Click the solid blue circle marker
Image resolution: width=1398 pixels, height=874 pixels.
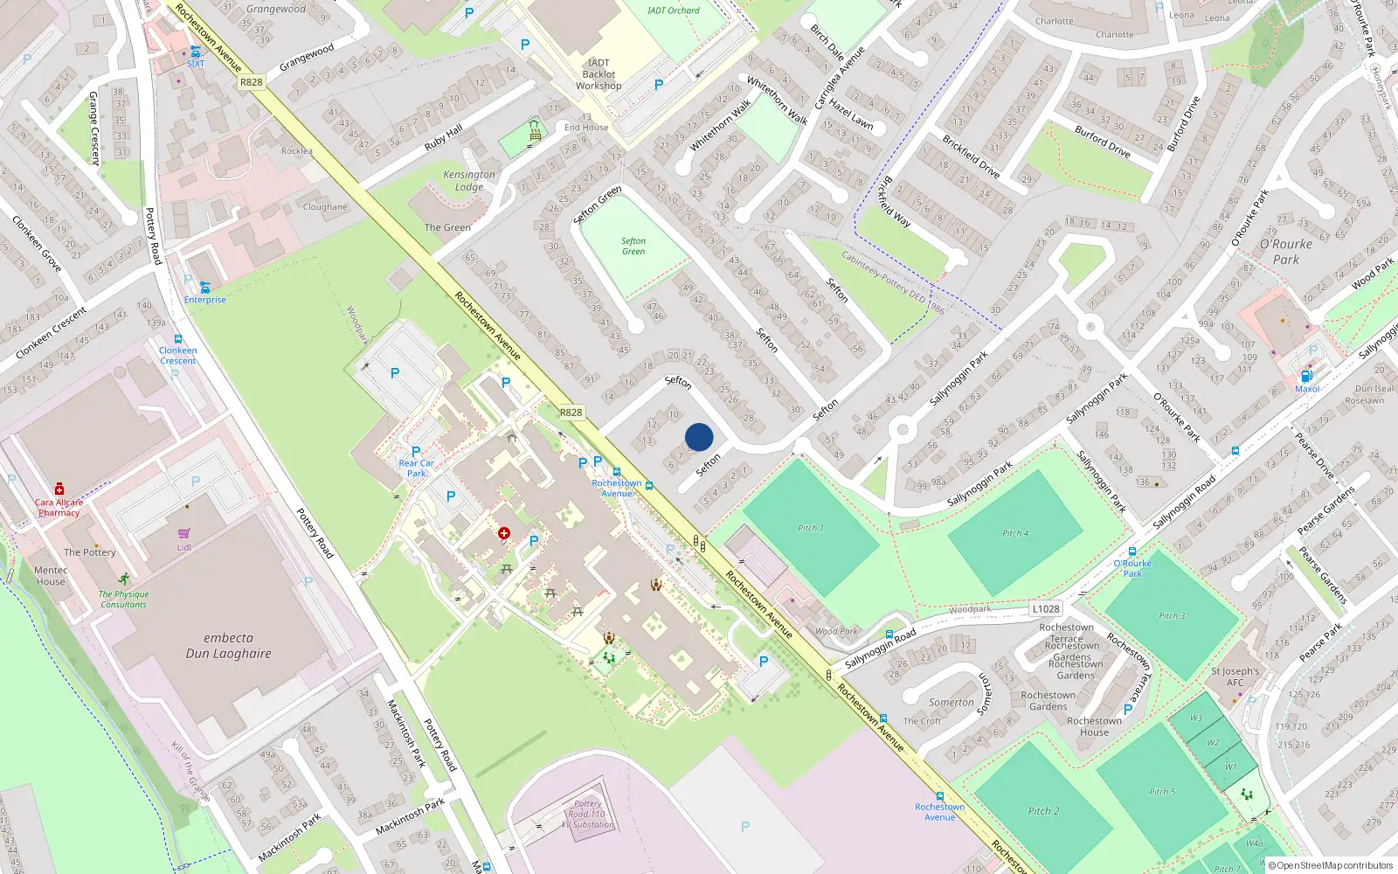pyautogui.click(x=699, y=437)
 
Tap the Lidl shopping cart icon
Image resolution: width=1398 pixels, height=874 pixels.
pyautogui.click(x=183, y=533)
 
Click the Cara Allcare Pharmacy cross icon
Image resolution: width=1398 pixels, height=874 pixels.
pyautogui.click(x=59, y=489)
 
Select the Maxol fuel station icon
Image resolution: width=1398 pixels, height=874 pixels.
pyautogui.click(x=1307, y=376)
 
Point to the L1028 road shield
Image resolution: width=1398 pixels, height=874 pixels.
pyautogui.click(x=1046, y=609)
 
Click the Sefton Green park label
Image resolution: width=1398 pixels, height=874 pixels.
pyautogui.click(x=633, y=246)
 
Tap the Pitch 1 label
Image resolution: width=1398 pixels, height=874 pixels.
pyautogui.click(x=810, y=528)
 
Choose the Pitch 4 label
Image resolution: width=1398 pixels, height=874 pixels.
pyautogui.click(x=1014, y=533)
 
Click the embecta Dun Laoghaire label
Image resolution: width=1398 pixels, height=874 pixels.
pyautogui.click(x=228, y=646)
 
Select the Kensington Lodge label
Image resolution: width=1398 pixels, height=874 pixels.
pyautogui.click(x=469, y=181)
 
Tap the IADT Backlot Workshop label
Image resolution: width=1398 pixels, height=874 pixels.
pyautogui.click(x=599, y=74)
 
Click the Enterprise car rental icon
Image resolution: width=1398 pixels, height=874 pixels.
pyautogui.click(x=205, y=287)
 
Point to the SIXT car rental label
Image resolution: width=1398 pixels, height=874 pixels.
pyautogui.click(x=196, y=64)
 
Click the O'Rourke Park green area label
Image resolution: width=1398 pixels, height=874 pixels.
pyautogui.click(x=1285, y=252)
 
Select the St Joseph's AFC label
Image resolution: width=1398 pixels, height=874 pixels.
pyautogui.click(x=1235, y=677)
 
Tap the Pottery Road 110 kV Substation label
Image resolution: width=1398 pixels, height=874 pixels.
pyautogui.click(x=587, y=814)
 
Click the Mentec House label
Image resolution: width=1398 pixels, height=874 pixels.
pyautogui.click(x=51, y=576)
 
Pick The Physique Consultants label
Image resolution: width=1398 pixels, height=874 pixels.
pyautogui.click(x=123, y=600)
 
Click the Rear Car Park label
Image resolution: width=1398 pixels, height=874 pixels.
pyautogui.click(x=416, y=468)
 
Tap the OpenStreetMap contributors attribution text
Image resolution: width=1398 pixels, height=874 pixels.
pyautogui.click(x=1334, y=866)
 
